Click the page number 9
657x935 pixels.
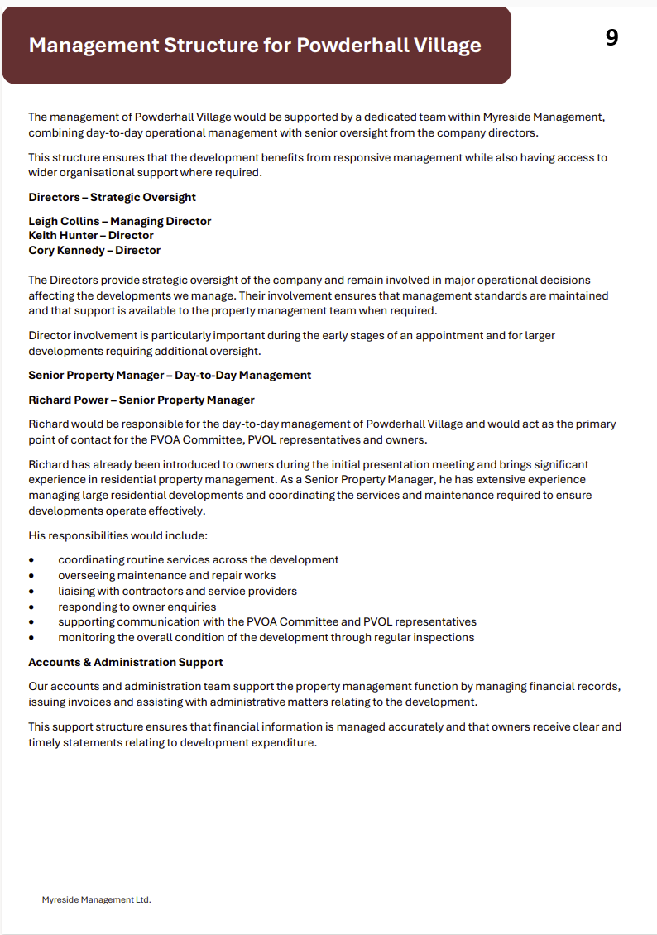click(611, 38)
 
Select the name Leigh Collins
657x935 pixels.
click(63, 221)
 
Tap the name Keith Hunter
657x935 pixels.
click(63, 236)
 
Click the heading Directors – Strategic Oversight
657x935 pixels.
click(112, 197)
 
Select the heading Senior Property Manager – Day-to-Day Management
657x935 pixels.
click(170, 375)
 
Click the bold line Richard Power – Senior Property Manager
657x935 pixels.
click(141, 400)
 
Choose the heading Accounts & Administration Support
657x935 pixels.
click(126, 662)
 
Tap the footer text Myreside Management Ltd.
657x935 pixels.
click(97, 899)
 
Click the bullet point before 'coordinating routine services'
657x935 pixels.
click(31, 560)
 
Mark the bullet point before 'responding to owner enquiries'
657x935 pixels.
click(31, 607)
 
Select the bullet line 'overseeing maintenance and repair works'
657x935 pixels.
click(166, 575)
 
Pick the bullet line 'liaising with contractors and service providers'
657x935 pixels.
click(177, 591)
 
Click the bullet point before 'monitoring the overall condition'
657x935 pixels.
click(31, 638)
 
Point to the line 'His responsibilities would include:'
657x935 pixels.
click(112, 535)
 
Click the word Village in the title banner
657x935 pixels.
click(447, 45)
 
